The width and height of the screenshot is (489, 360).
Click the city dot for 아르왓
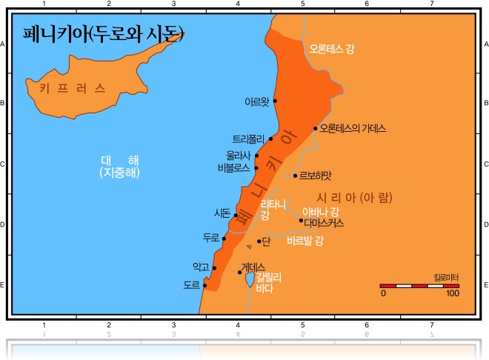[x=275, y=100]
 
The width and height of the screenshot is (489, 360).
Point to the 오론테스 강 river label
[x=331, y=50]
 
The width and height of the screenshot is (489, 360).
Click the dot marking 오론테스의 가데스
[x=316, y=128]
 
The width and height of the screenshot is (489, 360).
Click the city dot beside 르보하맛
[x=296, y=176]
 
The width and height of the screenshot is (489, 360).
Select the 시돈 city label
[x=222, y=213]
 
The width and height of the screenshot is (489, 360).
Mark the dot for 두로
[x=224, y=239]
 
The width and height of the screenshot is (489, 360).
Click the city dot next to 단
[x=259, y=241]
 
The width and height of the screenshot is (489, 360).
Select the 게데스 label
[x=253, y=267]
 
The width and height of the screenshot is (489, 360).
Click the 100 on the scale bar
[x=452, y=293]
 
